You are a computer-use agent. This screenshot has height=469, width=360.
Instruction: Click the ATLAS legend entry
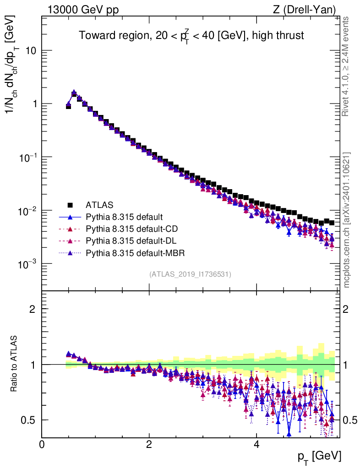point(99,205)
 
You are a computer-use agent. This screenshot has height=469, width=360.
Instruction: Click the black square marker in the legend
point(70,205)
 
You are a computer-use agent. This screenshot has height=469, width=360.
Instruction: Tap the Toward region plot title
point(191,35)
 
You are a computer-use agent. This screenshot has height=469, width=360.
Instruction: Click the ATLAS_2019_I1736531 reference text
point(190,274)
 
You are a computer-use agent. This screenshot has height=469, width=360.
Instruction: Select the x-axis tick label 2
point(149,444)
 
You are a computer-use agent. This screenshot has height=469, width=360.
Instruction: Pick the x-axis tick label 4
point(256,444)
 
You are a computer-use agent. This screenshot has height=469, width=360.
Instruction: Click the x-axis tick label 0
point(42,444)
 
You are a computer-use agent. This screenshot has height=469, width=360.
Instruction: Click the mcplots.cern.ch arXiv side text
point(347,220)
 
